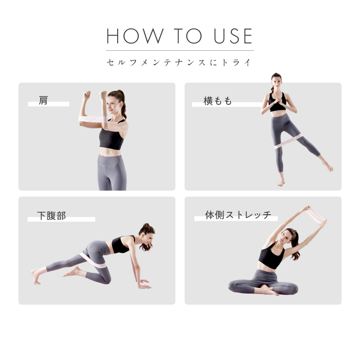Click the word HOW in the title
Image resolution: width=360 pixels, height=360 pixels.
pyautogui.click(x=135, y=36)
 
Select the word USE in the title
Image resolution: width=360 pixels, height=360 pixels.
pyautogui.click(x=233, y=36)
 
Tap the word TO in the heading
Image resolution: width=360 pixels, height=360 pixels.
pyautogui.click(x=188, y=36)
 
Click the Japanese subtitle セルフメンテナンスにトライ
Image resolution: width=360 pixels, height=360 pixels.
pyautogui.click(x=179, y=62)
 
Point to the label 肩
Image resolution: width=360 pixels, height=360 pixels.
pyautogui.click(x=43, y=101)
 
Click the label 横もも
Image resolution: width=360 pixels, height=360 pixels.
pyautogui.click(x=217, y=101)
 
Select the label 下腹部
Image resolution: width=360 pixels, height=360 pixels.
pyautogui.click(x=51, y=216)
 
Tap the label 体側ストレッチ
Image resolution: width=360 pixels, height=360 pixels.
pyautogui.click(x=238, y=215)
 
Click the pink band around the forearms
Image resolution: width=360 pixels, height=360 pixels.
pyautogui.click(x=93, y=119)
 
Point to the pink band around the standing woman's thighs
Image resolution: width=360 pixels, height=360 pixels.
pyautogui.click(x=288, y=141)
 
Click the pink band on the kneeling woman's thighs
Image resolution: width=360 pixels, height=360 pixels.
pyautogui.click(x=93, y=260)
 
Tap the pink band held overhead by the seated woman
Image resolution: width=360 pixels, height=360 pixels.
pyautogui.click(x=315, y=216)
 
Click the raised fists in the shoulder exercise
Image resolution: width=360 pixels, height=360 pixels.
pyautogui.click(x=95, y=95)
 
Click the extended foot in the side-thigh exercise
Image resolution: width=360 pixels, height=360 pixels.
pyautogui.click(x=328, y=166)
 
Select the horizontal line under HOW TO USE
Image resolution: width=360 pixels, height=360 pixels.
pyautogui.click(x=180, y=50)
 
